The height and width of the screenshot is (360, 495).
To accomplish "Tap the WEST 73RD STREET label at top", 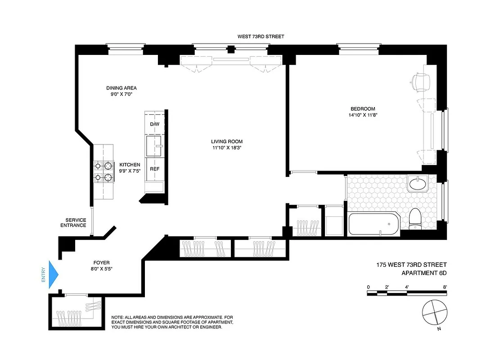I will [x=261, y=36].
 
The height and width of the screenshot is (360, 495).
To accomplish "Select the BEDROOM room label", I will [x=363, y=109].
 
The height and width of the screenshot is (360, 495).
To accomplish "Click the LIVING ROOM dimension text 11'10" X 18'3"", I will [x=227, y=148].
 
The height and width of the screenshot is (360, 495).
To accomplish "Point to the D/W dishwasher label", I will [x=154, y=124].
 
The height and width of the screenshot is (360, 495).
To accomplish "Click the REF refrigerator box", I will [x=155, y=169].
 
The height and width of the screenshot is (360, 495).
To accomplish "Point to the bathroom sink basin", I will [x=419, y=184].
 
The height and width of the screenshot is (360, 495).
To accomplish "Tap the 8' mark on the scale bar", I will [x=445, y=287].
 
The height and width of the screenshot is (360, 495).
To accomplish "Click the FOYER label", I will [x=101, y=263].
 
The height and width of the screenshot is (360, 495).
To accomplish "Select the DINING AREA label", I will [x=121, y=88].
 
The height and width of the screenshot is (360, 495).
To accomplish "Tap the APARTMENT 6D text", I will [x=424, y=273].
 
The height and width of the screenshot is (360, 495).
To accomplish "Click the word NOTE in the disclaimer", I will [x=118, y=318].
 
